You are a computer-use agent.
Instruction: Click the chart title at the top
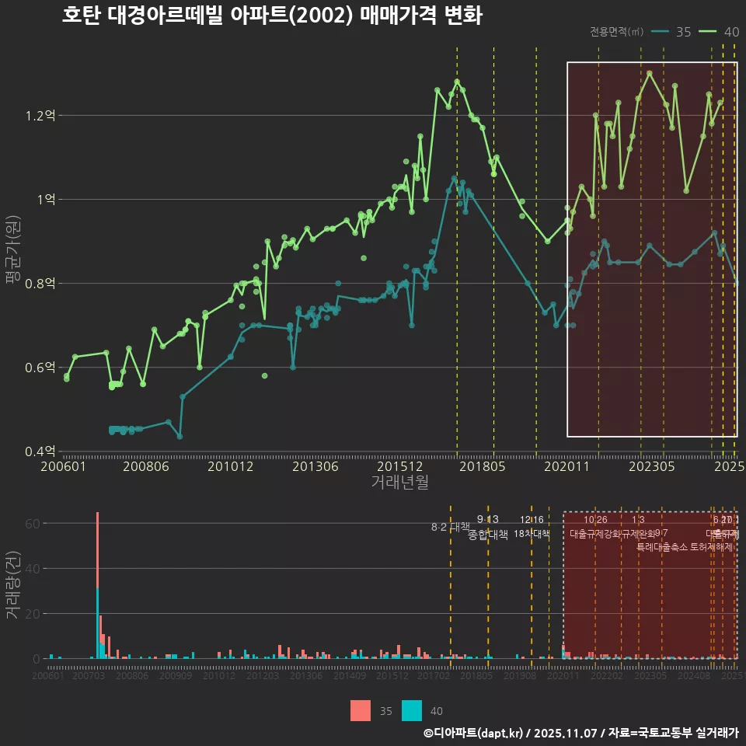coord(272,16)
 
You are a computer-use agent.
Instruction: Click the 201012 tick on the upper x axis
coord(231,467)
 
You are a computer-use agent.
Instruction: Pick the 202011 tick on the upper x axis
coord(567,467)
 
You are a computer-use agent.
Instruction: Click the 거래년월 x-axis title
coord(399,482)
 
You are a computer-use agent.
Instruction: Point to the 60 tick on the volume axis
coord(32,524)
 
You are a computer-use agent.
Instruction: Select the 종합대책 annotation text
coord(488,535)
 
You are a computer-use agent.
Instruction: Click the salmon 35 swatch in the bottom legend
coord(361,710)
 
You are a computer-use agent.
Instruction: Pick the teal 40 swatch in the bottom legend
coord(412,710)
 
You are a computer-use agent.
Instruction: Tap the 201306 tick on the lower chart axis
coord(305,676)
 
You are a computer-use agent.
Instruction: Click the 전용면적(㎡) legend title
coord(616,32)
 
